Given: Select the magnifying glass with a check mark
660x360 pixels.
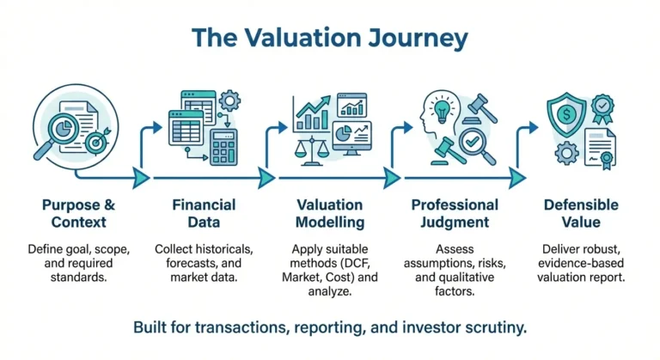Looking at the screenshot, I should click(474, 141).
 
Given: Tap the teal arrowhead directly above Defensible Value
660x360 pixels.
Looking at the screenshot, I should click(516, 177).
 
